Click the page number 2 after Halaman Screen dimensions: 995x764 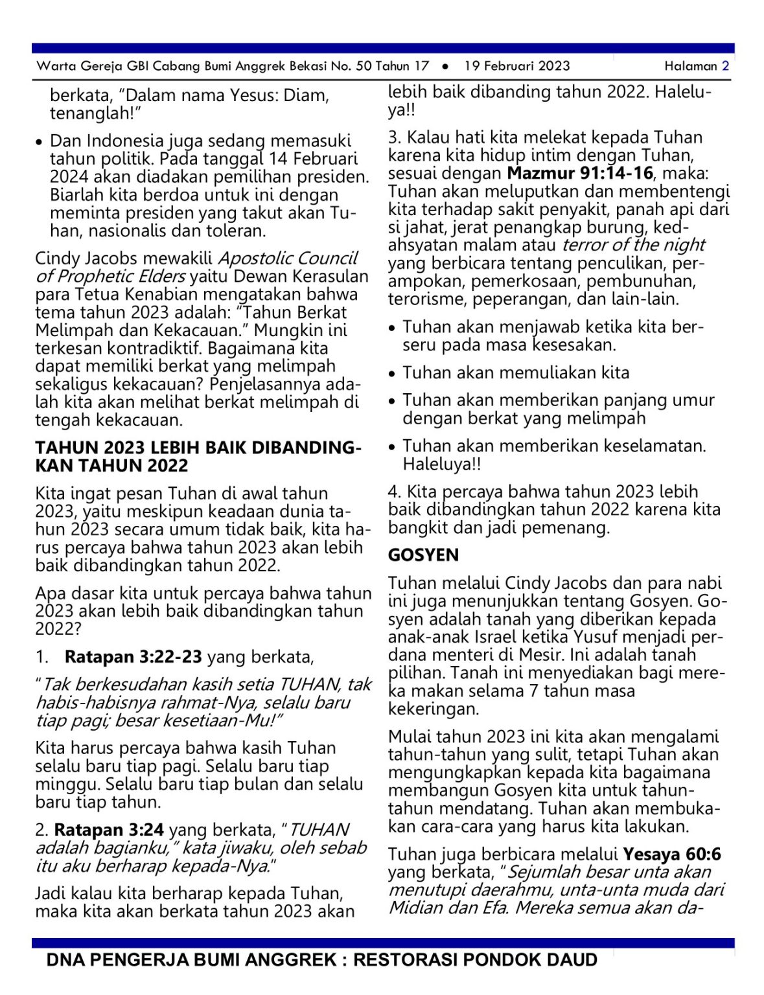tap(725, 65)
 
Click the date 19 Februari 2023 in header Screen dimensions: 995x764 tap(516, 65)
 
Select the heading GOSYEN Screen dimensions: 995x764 tap(423, 555)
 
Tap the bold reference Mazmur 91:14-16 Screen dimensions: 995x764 tap(580, 173)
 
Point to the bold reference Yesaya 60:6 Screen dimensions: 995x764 tap(672, 854)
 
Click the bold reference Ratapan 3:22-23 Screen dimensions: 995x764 tap(133, 656)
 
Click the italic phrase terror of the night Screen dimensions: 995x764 tap(633, 245)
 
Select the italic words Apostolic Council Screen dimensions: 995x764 tap(288, 258)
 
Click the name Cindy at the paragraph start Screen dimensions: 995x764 tap(58, 258)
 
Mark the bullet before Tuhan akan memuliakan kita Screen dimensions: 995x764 tap(392, 374)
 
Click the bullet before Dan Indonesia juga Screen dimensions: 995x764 tap(40, 142)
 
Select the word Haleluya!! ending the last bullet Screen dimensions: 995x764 tap(441, 464)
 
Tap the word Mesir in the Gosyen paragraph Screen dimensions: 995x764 tap(526, 654)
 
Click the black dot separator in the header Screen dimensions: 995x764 tap(445, 66)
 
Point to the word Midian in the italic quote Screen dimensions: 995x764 tap(415, 907)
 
